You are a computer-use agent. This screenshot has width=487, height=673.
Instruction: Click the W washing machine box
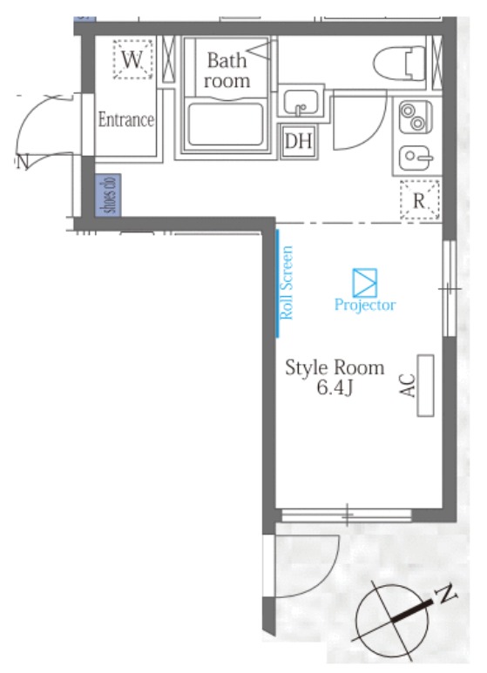[132, 59]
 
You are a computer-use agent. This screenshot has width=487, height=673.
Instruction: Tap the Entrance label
[126, 119]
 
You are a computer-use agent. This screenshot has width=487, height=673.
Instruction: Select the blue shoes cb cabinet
[107, 195]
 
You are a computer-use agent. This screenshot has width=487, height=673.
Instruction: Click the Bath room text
[227, 70]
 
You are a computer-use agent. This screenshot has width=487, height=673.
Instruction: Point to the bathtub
[226, 125]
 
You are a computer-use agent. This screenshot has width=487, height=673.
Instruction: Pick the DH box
[299, 141]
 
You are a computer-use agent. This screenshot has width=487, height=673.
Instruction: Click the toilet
[399, 64]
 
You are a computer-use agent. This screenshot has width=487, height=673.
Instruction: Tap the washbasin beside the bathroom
[301, 102]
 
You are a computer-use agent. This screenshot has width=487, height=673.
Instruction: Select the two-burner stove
[416, 117]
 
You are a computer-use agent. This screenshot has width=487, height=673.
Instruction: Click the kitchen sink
[416, 158]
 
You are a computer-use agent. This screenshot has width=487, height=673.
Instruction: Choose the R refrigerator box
[420, 200]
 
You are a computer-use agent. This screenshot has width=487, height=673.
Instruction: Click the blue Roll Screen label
[287, 282]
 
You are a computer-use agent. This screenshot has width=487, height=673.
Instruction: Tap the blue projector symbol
[365, 283]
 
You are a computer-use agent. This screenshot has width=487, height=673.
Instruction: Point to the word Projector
[365, 306]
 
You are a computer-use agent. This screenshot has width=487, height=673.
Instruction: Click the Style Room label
[335, 367]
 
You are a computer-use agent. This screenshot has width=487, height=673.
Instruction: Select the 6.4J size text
[335, 387]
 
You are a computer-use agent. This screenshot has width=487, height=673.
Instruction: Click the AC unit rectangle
[426, 386]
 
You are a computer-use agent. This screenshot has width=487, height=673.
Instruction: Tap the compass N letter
[446, 594]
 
